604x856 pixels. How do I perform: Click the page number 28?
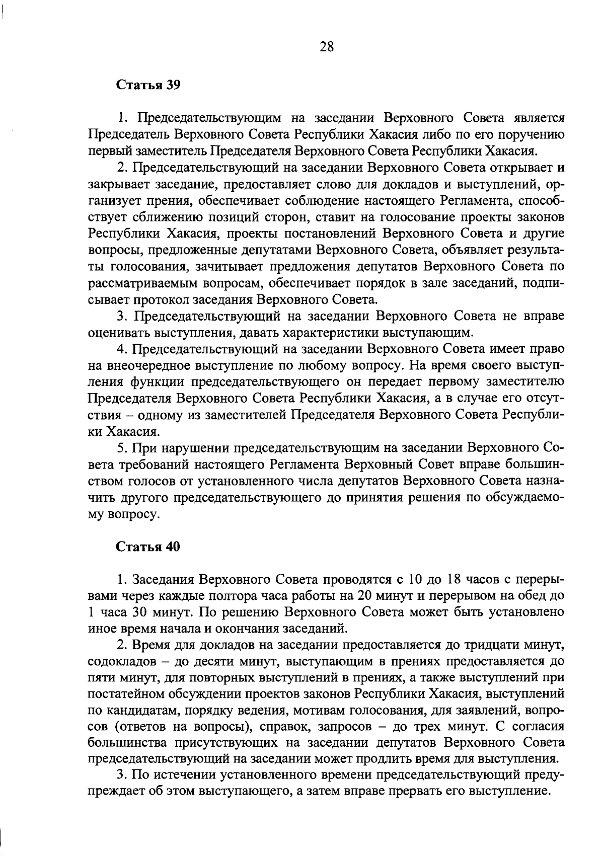click(x=327, y=47)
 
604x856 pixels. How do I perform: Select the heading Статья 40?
click(x=148, y=547)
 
